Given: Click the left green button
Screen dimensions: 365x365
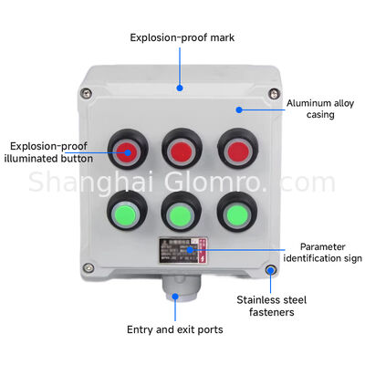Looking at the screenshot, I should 125,216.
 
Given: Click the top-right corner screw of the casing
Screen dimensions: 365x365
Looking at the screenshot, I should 272,92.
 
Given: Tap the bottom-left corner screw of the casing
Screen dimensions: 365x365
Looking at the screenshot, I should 88,267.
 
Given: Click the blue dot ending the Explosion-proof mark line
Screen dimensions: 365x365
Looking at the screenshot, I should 180,89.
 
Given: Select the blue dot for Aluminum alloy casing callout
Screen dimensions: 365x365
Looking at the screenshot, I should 238,110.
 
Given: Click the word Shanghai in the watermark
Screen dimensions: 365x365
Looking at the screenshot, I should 83,182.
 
